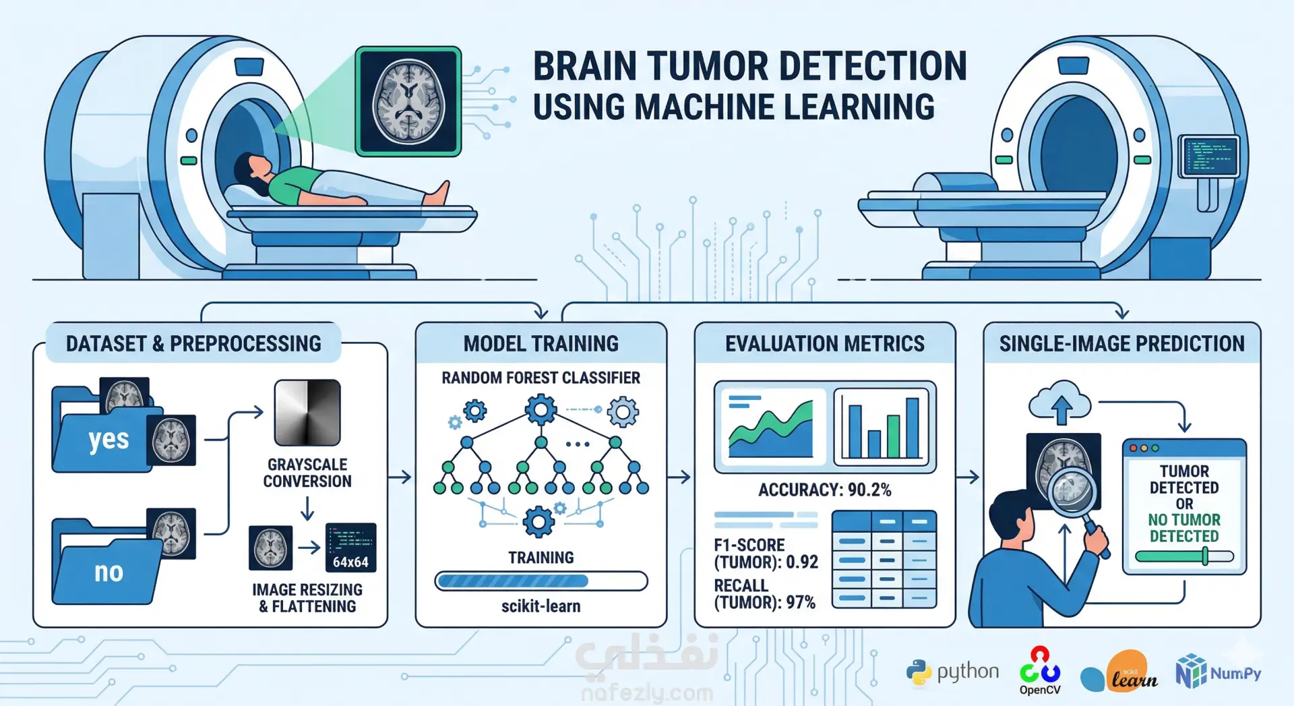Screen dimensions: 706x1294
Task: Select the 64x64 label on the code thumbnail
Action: [350, 562]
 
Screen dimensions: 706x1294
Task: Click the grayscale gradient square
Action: [307, 412]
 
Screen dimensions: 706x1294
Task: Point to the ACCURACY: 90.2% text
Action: [824, 490]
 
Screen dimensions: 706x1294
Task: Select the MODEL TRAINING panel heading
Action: [541, 344]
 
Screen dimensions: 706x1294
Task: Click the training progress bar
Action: [541, 581]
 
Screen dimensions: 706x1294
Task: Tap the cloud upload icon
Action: [1060, 403]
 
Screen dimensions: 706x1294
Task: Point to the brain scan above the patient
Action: [408, 101]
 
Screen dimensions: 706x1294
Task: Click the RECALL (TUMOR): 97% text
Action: [765, 594]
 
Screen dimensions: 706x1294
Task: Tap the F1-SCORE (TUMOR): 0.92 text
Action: [766, 554]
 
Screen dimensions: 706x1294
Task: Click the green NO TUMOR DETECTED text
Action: [1184, 528]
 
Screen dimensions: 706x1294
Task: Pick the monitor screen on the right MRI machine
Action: [1210, 156]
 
